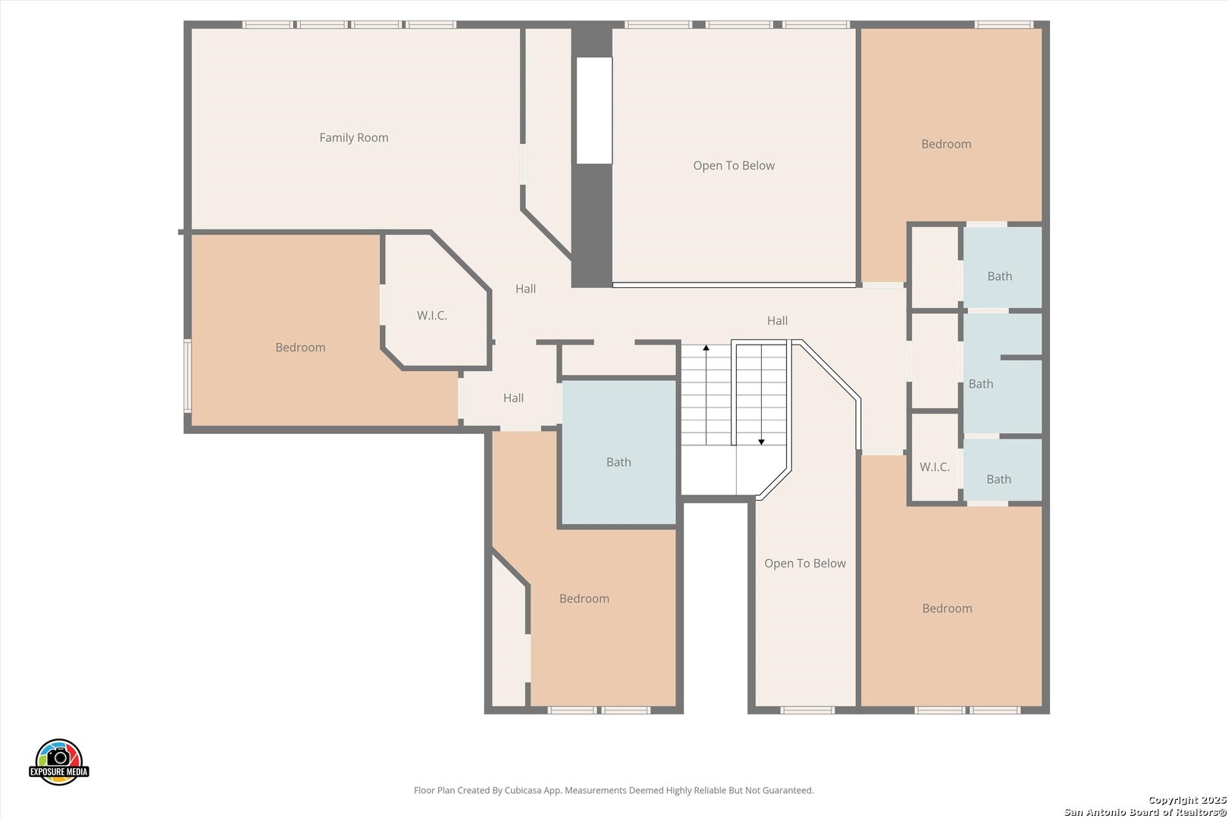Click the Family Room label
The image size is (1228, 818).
[353, 138]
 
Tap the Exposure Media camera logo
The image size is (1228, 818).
[58, 761]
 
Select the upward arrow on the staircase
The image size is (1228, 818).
[706, 395]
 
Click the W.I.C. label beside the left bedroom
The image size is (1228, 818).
[432, 316]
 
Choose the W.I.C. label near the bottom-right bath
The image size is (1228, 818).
[935, 467]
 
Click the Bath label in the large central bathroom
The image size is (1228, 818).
[619, 463]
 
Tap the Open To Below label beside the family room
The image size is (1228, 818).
[734, 165]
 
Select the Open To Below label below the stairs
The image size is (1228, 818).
[805, 564]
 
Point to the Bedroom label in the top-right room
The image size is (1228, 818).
[946, 144]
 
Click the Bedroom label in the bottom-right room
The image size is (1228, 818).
[948, 608]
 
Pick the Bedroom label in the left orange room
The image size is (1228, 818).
[300, 348]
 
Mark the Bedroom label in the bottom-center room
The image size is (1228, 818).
[584, 598]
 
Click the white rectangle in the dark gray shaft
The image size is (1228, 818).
[594, 111]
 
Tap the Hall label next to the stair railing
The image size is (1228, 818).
[778, 320]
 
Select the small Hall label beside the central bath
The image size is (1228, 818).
[514, 398]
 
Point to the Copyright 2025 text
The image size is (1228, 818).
[1187, 800]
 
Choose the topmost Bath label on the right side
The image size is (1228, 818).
[1000, 276]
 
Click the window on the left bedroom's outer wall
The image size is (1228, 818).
[187, 376]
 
